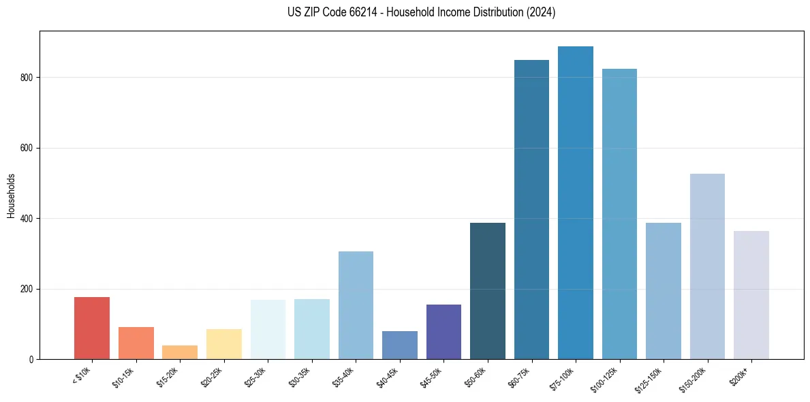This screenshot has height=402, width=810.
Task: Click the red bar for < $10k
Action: click(x=92, y=328)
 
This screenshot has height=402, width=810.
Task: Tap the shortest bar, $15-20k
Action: click(x=180, y=352)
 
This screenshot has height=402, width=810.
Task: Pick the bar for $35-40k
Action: click(x=356, y=305)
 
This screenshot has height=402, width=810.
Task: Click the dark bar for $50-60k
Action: click(x=487, y=291)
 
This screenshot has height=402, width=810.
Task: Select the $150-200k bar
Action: click(x=707, y=266)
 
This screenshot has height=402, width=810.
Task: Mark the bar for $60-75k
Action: click(x=531, y=210)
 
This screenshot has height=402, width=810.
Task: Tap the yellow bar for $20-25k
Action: click(x=223, y=344)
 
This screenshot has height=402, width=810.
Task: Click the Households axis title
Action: click(x=11, y=196)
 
